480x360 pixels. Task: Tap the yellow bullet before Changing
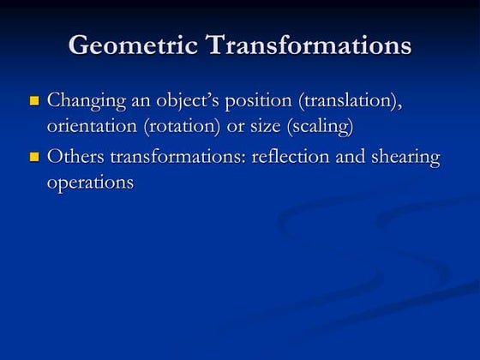(x=35, y=101)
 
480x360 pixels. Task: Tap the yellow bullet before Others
(x=35, y=158)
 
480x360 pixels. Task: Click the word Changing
(x=86, y=101)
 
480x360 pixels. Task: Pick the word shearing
(x=406, y=159)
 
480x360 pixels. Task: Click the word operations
(x=90, y=182)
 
